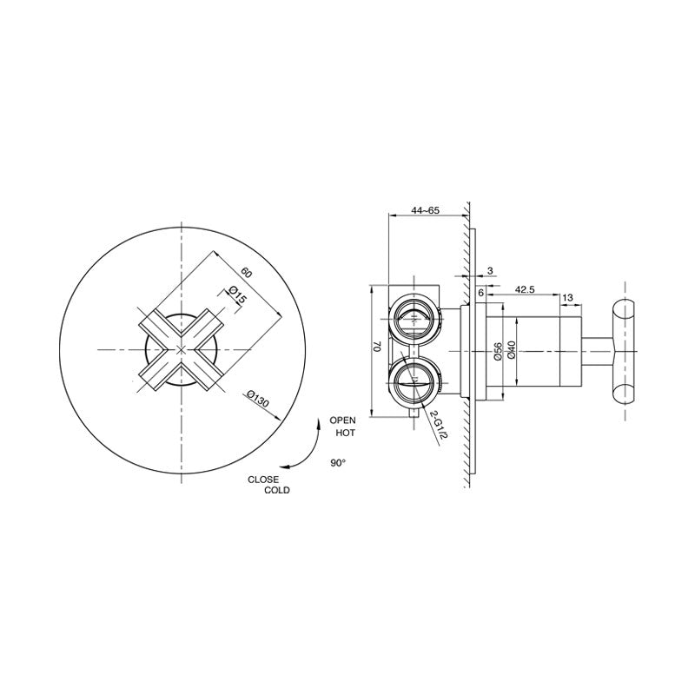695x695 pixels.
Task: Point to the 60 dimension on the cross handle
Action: coord(247,270)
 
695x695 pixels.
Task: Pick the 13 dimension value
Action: coord(567,298)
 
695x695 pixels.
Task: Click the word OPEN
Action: coord(341,420)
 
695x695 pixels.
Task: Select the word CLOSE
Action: coord(263,479)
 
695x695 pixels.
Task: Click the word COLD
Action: coord(278,491)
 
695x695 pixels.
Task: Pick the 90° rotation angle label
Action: coord(338,464)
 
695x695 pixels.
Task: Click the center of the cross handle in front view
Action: coord(181,349)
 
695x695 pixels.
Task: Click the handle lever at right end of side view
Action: coord(624,349)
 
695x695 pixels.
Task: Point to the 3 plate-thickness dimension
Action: coord(489,271)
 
